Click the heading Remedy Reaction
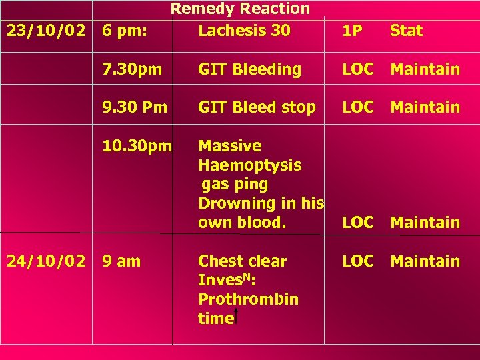pos(240,9)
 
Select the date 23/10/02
pos(47,31)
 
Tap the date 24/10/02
pos(47,261)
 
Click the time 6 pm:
pos(125,31)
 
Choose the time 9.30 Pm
pos(135,107)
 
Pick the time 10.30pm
pos(137,146)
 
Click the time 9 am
pos(121,261)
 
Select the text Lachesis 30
pos(244,31)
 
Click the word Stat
pos(406,31)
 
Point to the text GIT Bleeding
pos(250,69)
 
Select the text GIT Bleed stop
pos(257,107)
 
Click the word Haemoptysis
pos(250,165)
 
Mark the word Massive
pos(230,146)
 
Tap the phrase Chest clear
pos(243,261)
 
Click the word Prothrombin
pos(248,299)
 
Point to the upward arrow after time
pos(239,317)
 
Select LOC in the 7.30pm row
pos(357,69)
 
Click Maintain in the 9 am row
pos(425,261)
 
